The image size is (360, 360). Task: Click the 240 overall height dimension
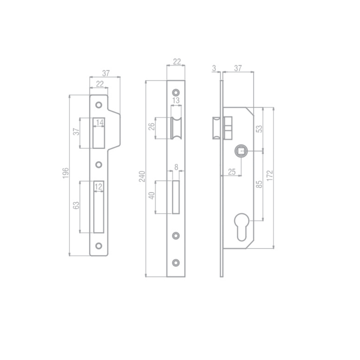pyautogui.click(x=142, y=176)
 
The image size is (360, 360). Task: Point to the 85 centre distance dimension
pyautogui.click(x=258, y=184)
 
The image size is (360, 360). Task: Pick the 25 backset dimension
pyautogui.click(x=232, y=172)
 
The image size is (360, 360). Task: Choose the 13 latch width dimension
pyautogui.click(x=176, y=101)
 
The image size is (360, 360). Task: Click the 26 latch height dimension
pyautogui.click(x=151, y=127)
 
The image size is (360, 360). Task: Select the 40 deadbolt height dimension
pyautogui.click(x=152, y=196)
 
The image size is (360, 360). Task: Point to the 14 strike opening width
pyautogui.click(x=99, y=123)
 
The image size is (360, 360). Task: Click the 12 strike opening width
pyautogui.click(x=99, y=186)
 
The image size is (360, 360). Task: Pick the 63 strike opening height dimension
pyautogui.click(x=76, y=206)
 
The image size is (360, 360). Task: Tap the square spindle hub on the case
pyautogui.click(x=241, y=150)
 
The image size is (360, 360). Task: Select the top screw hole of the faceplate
pyautogui.click(x=176, y=91)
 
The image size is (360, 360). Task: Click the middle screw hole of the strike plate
pyautogui.click(x=99, y=165)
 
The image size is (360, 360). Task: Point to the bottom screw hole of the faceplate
pyautogui.click(x=176, y=262)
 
